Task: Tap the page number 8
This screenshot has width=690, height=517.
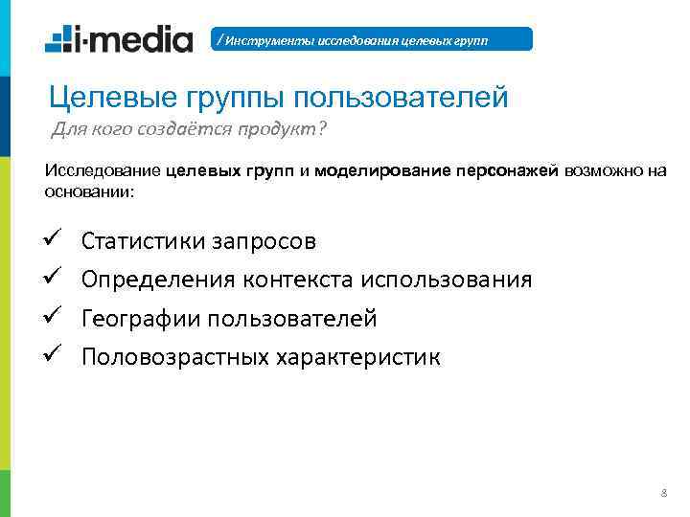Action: (x=664, y=493)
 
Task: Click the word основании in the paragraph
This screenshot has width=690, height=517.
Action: (x=88, y=191)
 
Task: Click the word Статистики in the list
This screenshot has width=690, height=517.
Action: (x=144, y=240)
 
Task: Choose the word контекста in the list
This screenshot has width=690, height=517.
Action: (x=299, y=280)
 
